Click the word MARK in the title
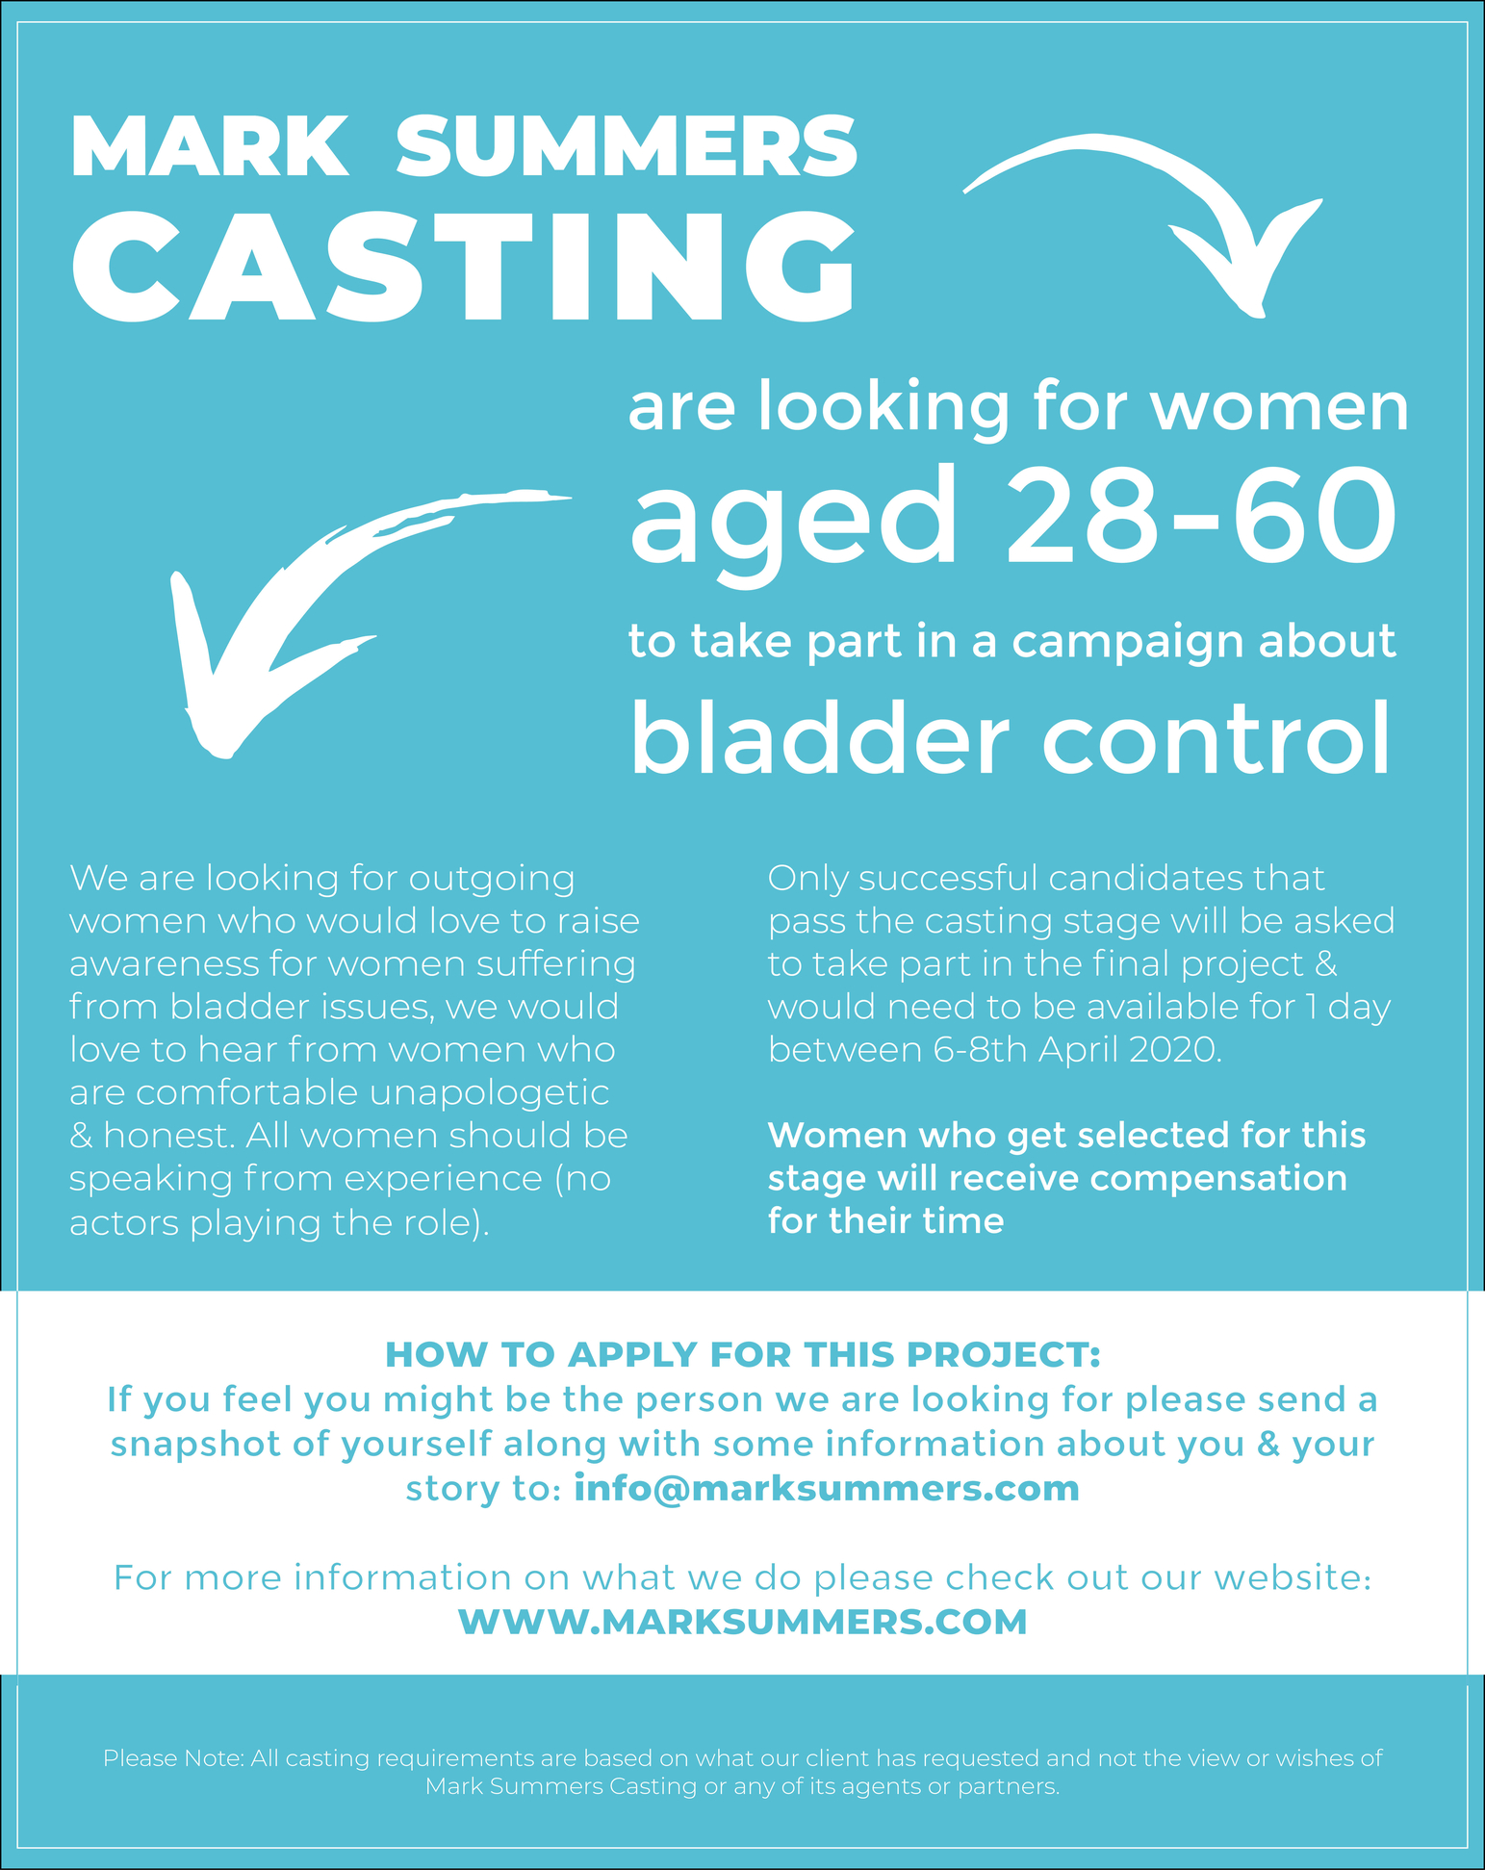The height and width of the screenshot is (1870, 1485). click(x=210, y=146)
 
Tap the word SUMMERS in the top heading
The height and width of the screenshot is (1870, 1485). click(x=627, y=146)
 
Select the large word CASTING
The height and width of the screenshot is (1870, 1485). click(x=464, y=266)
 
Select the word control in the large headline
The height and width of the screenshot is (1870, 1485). click(x=1217, y=739)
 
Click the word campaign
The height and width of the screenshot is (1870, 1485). click(x=1121, y=643)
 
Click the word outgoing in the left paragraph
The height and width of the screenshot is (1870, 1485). click(x=492, y=880)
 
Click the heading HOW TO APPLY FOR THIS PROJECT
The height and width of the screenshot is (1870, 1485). click(x=742, y=1354)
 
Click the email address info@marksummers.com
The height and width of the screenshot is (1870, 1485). click(x=827, y=1489)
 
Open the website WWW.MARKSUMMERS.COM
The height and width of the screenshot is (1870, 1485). click(x=742, y=1622)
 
